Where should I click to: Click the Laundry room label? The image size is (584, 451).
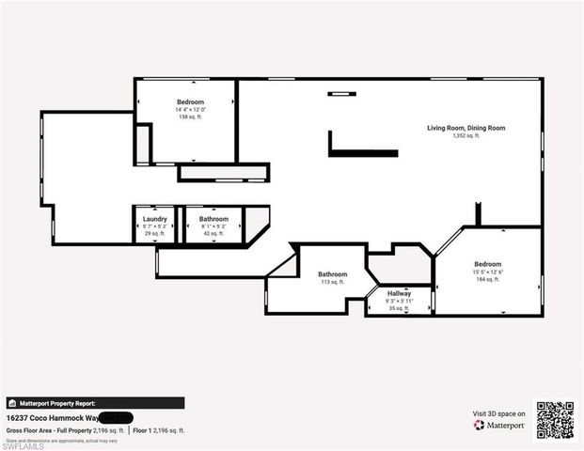[155, 219]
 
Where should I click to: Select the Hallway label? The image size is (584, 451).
[400, 292]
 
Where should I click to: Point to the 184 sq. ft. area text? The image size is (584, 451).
[487, 279]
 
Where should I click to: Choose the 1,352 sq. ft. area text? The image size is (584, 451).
[466, 136]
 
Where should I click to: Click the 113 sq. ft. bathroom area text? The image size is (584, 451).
[332, 282]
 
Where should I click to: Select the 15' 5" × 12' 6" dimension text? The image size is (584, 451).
[487, 272]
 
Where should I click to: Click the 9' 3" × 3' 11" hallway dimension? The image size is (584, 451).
[400, 300]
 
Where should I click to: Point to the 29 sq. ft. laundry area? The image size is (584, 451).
[155, 233]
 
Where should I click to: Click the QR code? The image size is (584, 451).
[555, 419]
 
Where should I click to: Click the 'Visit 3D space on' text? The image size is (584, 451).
[498, 412]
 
